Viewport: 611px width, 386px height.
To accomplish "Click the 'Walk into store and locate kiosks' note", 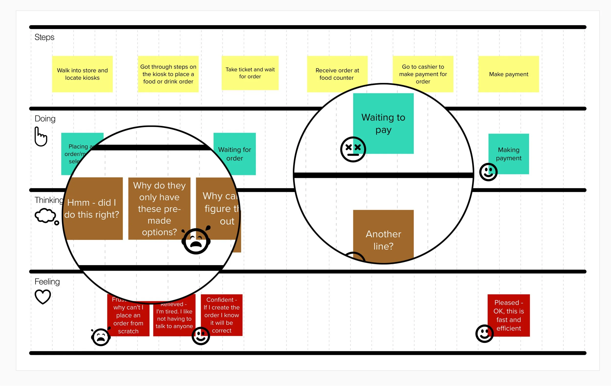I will pyautogui.click(x=82, y=74).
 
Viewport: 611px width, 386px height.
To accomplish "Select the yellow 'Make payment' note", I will pyautogui.click(x=509, y=74).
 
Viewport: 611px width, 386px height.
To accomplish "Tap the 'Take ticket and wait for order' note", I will pyautogui.click(x=250, y=73).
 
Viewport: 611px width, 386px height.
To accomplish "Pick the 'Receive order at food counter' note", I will pyautogui.click(x=337, y=74).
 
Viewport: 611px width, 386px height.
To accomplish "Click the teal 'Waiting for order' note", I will pyautogui.click(x=234, y=154).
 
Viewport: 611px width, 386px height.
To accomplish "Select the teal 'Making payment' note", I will pyautogui.click(x=509, y=154).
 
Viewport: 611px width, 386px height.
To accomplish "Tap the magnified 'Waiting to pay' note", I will pyautogui.click(x=383, y=123).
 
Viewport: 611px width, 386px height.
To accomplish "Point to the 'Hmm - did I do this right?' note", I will pyautogui.click(x=93, y=209).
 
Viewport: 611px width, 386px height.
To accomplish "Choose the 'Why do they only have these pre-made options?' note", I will pyautogui.click(x=159, y=209).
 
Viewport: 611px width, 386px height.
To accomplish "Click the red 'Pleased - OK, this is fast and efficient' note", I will pyautogui.click(x=509, y=315).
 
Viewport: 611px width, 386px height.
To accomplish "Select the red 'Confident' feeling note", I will pyautogui.click(x=221, y=315).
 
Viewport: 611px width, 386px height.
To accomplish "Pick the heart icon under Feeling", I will pyautogui.click(x=43, y=297).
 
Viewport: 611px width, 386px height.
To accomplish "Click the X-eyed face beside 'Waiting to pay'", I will pyautogui.click(x=353, y=149).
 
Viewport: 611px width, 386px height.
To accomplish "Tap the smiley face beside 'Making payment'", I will pyautogui.click(x=488, y=172).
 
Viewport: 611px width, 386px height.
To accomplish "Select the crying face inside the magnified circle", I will pyautogui.click(x=196, y=241).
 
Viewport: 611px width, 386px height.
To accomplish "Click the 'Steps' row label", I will pyautogui.click(x=44, y=37).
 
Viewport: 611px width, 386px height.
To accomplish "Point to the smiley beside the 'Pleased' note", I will pyautogui.click(x=484, y=333).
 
